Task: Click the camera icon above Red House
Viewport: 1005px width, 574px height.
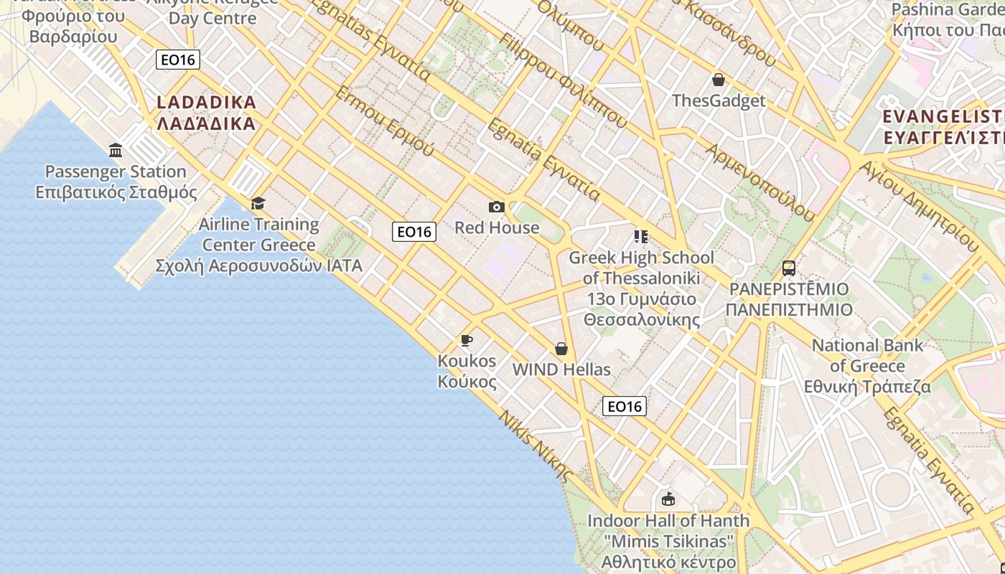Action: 496,207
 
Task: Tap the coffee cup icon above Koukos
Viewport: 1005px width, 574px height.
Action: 467,340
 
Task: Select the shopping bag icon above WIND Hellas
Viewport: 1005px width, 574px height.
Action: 561,349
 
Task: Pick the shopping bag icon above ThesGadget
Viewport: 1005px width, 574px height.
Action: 718,80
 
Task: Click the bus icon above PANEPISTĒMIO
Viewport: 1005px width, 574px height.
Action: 788,269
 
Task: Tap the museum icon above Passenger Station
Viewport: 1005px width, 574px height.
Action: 116,151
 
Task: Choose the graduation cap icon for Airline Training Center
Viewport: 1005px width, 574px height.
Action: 258,204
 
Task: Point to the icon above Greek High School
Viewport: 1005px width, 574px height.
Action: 640,237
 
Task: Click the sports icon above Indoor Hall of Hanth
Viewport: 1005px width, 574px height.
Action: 668,499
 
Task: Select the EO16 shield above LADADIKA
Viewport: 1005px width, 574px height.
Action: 177,60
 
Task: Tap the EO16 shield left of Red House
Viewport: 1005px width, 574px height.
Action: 414,232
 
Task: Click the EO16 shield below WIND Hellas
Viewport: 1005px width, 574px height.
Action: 624,407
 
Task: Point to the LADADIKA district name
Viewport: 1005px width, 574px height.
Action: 206,113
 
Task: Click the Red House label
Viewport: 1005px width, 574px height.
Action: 497,228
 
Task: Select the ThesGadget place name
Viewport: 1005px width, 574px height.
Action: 719,100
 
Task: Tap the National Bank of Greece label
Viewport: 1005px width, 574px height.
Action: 867,366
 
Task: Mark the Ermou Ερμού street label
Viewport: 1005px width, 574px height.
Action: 385,121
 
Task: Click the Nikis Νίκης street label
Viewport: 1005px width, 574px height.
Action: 536,446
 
